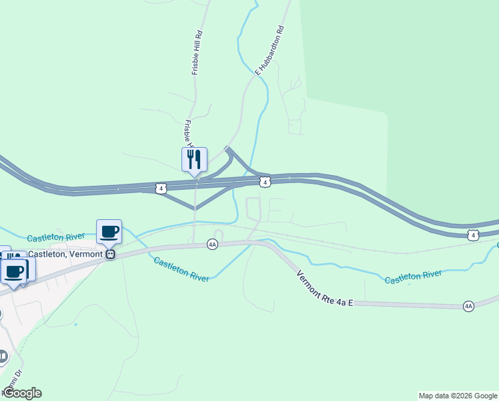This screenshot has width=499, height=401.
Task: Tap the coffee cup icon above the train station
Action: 109,232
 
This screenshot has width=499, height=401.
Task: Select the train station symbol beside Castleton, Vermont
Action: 111,254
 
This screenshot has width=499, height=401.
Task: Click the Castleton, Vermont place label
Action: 65,254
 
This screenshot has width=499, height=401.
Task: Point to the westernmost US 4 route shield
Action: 161,188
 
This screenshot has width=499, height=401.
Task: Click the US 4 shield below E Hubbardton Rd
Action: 265,182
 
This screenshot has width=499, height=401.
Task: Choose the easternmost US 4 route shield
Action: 472,235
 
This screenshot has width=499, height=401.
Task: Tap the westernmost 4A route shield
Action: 212,245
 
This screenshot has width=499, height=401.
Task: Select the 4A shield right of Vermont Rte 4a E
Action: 468,306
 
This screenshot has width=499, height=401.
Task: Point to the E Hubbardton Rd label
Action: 270,50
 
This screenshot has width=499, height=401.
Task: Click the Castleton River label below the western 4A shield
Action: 181,269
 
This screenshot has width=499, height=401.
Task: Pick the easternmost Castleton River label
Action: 413,276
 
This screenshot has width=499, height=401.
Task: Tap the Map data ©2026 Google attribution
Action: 458,396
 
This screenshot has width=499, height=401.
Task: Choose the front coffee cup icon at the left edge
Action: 15,271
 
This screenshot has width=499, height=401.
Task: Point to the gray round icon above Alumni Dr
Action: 3,356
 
